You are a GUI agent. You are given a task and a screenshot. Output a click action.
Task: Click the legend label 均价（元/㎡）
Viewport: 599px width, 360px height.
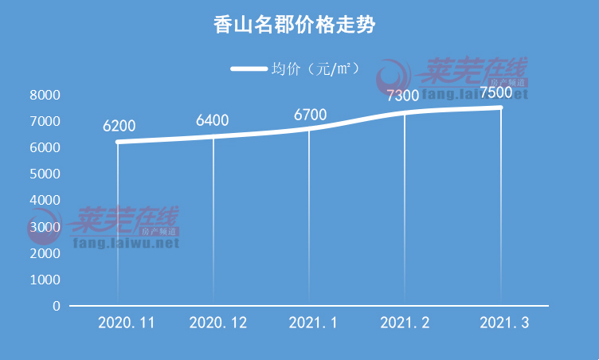[x=315, y=68]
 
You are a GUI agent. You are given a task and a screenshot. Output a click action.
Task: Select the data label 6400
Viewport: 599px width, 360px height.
[x=213, y=120]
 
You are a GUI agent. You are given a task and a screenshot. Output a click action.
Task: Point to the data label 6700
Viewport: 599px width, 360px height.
[x=310, y=115]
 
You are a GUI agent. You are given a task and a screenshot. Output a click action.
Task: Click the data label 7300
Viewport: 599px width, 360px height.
[x=402, y=96]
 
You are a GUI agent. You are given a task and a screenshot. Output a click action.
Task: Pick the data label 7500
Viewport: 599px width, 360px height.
[x=496, y=92]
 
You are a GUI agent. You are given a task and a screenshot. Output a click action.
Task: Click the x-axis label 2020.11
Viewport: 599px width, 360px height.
[x=126, y=323]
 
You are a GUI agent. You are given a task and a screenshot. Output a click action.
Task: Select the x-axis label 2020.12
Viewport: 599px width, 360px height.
[x=218, y=323]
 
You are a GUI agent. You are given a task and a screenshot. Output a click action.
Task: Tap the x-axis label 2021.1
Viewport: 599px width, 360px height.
[x=312, y=323]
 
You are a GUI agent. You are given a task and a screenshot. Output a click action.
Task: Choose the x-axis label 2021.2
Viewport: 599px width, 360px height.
[x=405, y=323]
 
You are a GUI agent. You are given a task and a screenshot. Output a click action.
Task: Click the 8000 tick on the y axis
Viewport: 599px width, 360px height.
[x=45, y=95]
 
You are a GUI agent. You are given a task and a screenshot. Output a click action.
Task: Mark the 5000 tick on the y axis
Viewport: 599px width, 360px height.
[x=45, y=174]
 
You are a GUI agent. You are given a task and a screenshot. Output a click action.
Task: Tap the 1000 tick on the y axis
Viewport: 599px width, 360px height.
[x=45, y=280]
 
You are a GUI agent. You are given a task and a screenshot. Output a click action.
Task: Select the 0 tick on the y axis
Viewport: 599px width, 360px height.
[x=57, y=306]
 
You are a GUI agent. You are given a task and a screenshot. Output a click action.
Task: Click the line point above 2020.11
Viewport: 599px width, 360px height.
[x=118, y=142]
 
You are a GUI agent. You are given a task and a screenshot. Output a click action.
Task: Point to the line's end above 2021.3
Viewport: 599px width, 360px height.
[x=501, y=108]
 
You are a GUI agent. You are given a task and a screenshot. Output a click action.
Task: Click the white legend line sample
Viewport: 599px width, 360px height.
[x=249, y=68]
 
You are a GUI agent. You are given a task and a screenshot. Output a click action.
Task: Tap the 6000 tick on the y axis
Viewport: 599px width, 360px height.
[x=45, y=147]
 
